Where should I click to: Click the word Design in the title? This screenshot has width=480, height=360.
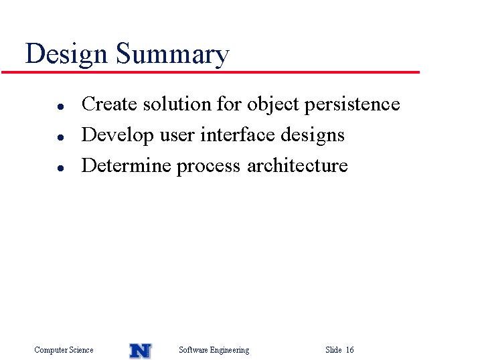(66, 54)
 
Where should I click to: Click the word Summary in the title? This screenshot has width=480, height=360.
(173, 54)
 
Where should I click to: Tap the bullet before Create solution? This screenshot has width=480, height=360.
(61, 106)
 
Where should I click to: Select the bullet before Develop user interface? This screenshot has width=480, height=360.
(61, 137)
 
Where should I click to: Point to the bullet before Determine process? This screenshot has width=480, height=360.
(61, 168)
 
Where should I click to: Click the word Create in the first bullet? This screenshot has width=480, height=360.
(109, 104)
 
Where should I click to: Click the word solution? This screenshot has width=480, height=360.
(177, 104)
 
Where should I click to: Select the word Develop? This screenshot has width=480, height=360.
(118, 136)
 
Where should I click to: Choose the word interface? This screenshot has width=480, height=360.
(238, 134)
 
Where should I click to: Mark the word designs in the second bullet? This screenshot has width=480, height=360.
(313, 136)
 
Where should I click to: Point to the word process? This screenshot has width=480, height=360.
(208, 167)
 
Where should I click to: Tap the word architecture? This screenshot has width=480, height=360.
(297, 165)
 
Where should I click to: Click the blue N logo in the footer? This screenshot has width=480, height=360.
(141, 351)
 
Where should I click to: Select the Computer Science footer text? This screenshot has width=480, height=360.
(64, 350)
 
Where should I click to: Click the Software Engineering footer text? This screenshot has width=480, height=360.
(214, 350)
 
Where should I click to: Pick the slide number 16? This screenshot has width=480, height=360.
(350, 349)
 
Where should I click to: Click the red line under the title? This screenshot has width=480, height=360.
(210, 72)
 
